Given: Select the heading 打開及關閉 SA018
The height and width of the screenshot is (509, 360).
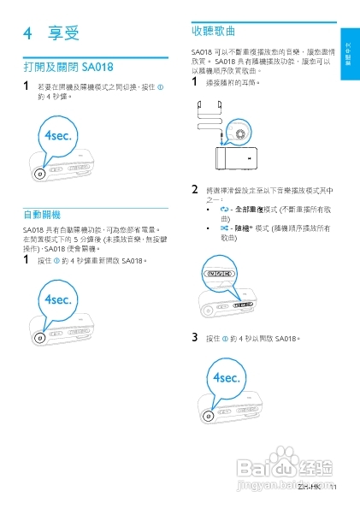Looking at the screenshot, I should click(68, 67).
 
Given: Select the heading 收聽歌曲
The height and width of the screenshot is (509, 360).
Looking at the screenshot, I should click(215, 30).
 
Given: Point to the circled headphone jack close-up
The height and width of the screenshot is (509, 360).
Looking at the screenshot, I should click(239, 132).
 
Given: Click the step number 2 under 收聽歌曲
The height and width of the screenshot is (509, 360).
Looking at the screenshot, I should click(195, 190).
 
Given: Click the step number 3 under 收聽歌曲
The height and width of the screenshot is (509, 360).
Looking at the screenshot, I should click(195, 338).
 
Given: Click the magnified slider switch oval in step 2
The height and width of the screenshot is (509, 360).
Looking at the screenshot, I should click(221, 273).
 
